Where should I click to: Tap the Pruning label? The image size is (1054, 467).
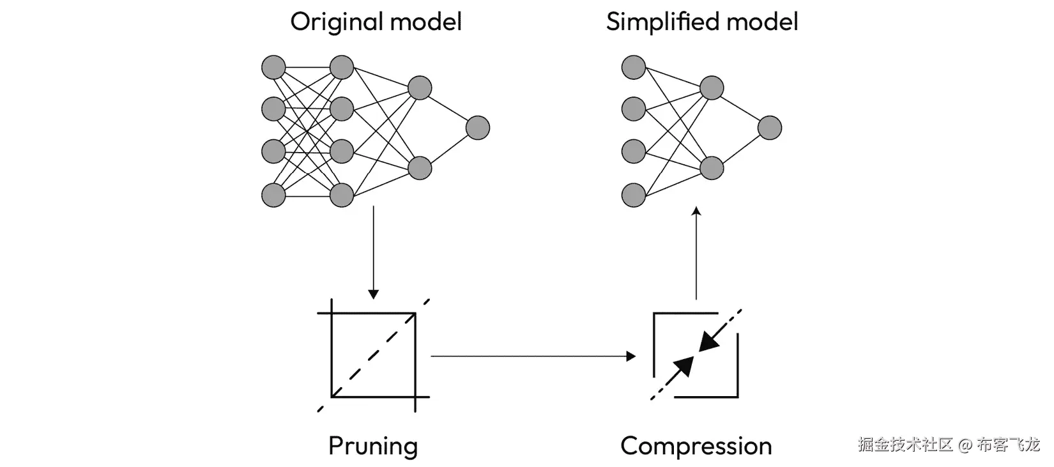[373, 447]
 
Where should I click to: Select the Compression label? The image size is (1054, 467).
[696, 447]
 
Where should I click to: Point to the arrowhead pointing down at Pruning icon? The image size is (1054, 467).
[373, 295]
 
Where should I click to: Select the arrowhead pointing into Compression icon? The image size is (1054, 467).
[631, 356]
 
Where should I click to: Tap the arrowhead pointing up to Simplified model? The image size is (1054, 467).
[696, 211]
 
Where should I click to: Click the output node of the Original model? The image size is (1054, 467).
[478, 128]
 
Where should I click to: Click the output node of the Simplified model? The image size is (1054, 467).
[770, 128]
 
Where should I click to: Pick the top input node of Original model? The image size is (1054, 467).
[273, 67]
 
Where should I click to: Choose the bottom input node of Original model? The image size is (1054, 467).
[273, 195]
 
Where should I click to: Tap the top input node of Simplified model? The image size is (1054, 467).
[633, 67]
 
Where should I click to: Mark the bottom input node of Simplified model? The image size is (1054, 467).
[633, 195]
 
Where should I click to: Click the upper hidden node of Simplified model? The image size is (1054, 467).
[712, 88]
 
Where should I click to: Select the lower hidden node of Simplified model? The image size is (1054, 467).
[712, 168]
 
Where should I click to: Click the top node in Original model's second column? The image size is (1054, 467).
[342, 67]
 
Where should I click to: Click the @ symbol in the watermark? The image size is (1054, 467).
[965, 445]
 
